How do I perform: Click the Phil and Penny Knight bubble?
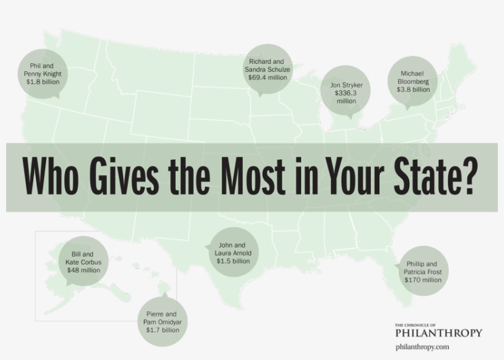coord(42,73)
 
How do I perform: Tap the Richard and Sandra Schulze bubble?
coord(267,70)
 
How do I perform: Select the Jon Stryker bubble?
coord(346,93)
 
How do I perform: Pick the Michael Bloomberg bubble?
coord(413,81)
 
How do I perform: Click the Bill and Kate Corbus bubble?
coord(83,262)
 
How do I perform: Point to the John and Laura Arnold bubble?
coord(233,252)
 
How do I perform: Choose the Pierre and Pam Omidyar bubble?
coord(162,322)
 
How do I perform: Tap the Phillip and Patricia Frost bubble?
coord(423,272)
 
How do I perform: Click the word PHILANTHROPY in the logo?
coord(438,333)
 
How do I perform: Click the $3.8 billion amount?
coord(413,90)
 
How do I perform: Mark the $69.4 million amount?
coord(267,78)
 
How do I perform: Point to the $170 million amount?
coord(423,280)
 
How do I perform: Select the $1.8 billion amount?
coord(42,82)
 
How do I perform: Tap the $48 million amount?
coord(83,270)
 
